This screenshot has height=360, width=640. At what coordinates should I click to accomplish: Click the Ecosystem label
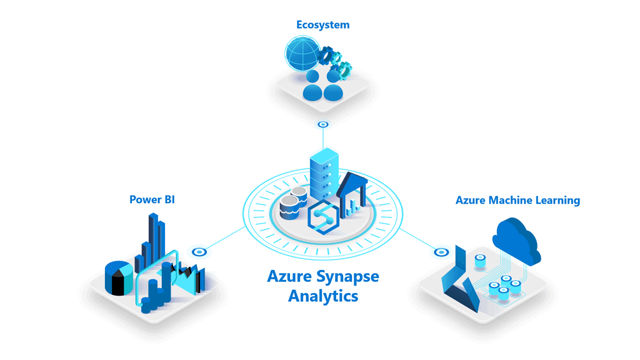[322, 25]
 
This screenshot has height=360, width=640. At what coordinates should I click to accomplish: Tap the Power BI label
[152, 200]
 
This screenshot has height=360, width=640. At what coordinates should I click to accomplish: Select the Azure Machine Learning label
[517, 201]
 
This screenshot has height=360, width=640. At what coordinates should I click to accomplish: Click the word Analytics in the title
[323, 296]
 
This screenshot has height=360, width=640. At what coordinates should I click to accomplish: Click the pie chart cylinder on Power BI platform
[118, 277]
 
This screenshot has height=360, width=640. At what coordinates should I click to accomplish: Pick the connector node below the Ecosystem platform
[322, 124]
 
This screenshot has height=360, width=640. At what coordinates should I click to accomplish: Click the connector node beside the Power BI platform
[199, 252]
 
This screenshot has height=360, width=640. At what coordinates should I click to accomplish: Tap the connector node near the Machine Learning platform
[441, 252]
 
